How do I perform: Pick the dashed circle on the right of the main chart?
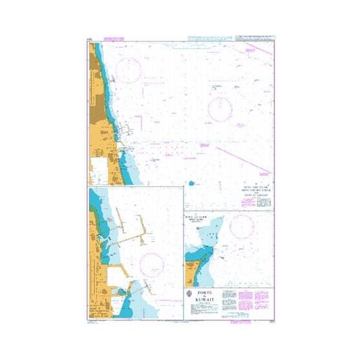pos(221,107)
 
